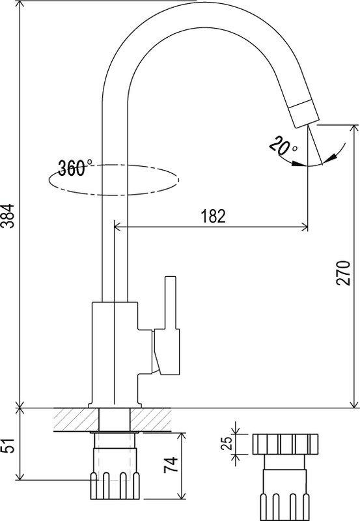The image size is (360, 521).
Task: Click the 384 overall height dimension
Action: [7, 216]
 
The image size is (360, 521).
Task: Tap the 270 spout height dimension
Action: [343, 274]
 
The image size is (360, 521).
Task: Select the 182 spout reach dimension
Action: [214, 216]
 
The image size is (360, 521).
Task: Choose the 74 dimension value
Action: [171, 466]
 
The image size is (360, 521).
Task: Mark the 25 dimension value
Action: [227, 443]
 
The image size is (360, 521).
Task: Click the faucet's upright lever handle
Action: [171, 302]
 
